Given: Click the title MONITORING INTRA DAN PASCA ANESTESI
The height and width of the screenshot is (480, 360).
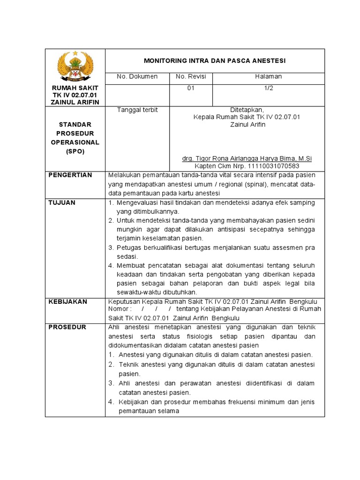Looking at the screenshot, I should point(214,61).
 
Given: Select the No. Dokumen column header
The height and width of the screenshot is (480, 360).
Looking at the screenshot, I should point(137,76).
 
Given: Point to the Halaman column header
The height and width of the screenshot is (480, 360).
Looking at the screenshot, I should point(268,76).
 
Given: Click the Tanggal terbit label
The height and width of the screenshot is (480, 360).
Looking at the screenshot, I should point(137,110).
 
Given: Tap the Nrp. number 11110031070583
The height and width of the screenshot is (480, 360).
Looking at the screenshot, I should point(267,166).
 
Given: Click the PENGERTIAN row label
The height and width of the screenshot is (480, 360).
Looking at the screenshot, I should point(70,175).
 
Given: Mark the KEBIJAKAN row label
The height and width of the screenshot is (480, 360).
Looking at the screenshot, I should point(68,301).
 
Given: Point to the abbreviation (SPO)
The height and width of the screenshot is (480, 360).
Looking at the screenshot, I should point(75,152).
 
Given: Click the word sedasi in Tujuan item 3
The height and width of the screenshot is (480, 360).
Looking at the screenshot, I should point(127,256).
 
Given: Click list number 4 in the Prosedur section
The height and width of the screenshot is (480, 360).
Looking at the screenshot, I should point(111,402).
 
